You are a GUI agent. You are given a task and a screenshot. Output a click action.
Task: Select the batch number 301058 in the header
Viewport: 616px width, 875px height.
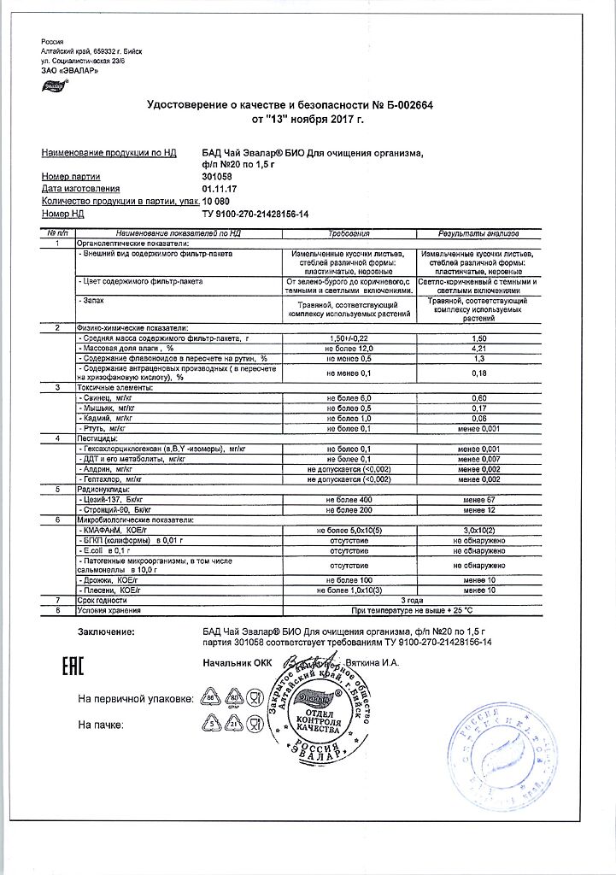216,176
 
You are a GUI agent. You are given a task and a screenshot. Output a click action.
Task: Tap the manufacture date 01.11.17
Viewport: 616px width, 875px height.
219,188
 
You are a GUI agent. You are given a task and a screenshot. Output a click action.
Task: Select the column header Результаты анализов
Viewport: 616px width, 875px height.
479,233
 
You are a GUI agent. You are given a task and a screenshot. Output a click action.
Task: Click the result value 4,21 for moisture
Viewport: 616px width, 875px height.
479,349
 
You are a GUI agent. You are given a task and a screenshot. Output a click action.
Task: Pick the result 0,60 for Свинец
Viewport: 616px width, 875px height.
479,399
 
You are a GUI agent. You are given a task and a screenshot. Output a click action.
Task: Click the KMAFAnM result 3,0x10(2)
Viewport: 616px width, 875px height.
479,531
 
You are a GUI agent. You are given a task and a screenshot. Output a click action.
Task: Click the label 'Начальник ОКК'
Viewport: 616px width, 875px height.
231,663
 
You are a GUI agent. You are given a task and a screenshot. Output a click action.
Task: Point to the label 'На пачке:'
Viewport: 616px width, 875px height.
102,725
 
